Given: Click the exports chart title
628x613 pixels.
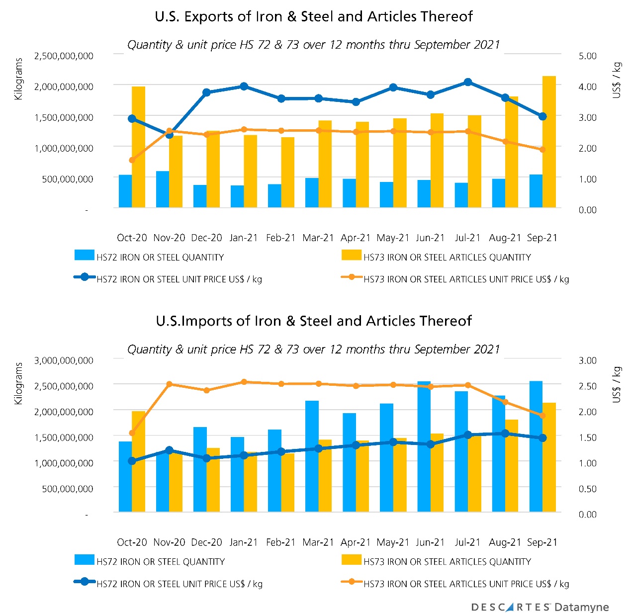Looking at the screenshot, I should pos(314,16).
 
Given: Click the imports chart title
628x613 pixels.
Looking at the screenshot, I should pos(314,321).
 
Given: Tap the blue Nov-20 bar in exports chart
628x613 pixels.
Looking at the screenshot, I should pos(163,189).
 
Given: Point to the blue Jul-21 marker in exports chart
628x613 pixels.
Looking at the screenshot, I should pos(468,82).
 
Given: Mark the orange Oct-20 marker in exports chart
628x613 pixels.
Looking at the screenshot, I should pos(132,160).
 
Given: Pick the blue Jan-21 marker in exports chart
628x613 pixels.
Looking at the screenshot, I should pos(244,87).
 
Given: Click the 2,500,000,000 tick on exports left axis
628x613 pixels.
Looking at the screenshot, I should pos(64,56).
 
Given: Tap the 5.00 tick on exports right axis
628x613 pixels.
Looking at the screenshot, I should pos(587,56).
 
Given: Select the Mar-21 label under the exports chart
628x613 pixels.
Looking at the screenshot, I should pos(318,238).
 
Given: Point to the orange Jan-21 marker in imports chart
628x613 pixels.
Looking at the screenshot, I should pos(244,382).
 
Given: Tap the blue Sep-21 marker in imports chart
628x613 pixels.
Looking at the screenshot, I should pos(542,438).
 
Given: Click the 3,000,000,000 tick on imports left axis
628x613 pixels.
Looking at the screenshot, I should pos(64,360).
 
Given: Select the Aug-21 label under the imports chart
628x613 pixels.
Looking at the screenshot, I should pos(505,542).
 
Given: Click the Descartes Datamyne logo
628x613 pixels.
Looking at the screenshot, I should pos(539,607).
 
